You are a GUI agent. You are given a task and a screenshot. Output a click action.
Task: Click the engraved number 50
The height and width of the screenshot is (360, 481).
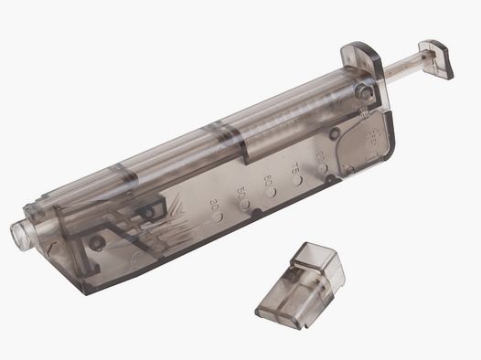tap(241, 193)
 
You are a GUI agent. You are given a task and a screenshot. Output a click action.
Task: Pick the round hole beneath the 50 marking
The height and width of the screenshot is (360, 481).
tap(245, 208)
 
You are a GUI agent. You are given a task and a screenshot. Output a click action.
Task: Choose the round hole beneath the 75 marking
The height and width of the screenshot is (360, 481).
tap(298, 181)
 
